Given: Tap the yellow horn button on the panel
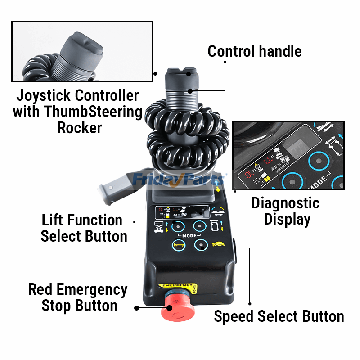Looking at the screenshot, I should coord(178,245).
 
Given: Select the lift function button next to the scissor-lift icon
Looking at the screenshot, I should coord(178,226).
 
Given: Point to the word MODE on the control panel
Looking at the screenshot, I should coord(189,235).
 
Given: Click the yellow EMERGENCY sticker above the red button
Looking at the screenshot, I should coord(176,285).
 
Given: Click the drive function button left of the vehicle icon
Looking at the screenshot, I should coord(200,226).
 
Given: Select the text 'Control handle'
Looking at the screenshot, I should coord(254,51).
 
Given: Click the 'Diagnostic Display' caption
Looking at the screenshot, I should coord(285,211).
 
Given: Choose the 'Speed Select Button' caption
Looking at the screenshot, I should coord(279,316).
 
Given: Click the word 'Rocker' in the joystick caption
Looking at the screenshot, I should coord(79,127).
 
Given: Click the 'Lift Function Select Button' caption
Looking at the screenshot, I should coord(84,228).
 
